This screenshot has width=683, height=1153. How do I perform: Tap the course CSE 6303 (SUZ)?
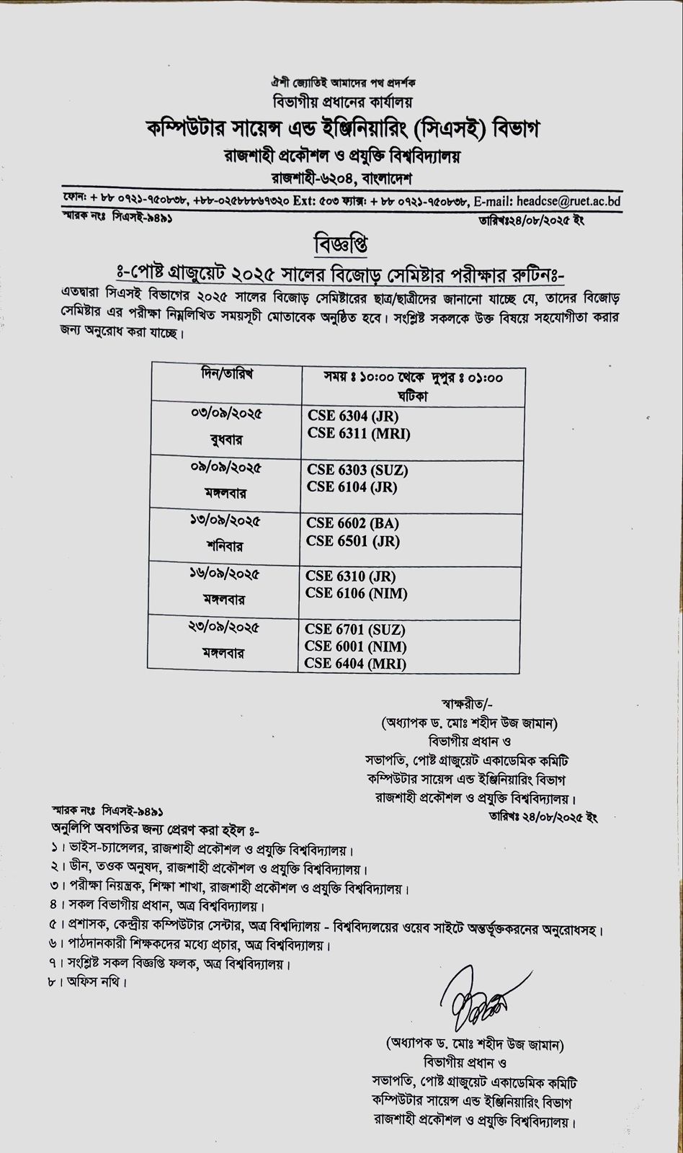357,470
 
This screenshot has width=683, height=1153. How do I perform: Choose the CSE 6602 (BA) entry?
352,523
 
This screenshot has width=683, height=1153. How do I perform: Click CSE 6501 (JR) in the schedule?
352,540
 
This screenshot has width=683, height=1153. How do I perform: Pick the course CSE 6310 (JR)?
351,576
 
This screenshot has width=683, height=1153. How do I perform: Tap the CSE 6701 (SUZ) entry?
356,629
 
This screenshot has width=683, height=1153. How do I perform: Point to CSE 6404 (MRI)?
355,663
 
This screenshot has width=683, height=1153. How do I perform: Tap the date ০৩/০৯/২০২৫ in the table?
226,414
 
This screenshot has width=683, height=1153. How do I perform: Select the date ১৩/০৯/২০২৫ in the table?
226,522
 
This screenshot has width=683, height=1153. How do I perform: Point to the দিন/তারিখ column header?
226,375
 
